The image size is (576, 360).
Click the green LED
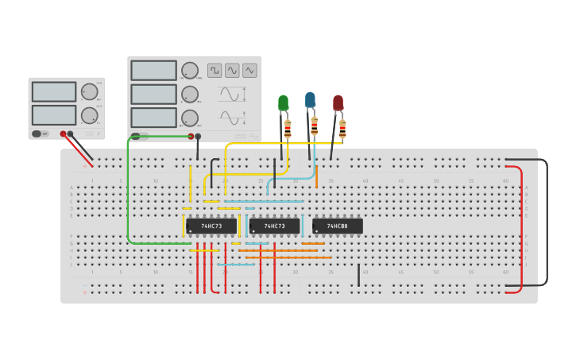(284, 103)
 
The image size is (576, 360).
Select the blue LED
(310, 100)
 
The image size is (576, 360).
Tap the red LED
(338, 103)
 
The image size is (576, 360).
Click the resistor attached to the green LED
(288, 128)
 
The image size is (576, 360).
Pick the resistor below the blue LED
(315, 126)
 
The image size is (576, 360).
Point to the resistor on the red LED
(342, 128)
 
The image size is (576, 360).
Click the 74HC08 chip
(338, 226)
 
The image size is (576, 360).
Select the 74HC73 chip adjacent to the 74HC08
(274, 226)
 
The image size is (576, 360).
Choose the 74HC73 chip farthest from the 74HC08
(211, 226)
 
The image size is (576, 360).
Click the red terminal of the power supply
(63, 134)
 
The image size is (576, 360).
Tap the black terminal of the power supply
(71, 134)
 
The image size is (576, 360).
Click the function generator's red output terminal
(191, 136)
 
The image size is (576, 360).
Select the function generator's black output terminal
(198, 136)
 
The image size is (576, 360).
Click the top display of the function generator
(153, 71)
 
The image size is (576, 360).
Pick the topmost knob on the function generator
(190, 71)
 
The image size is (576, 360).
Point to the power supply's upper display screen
(54, 91)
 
